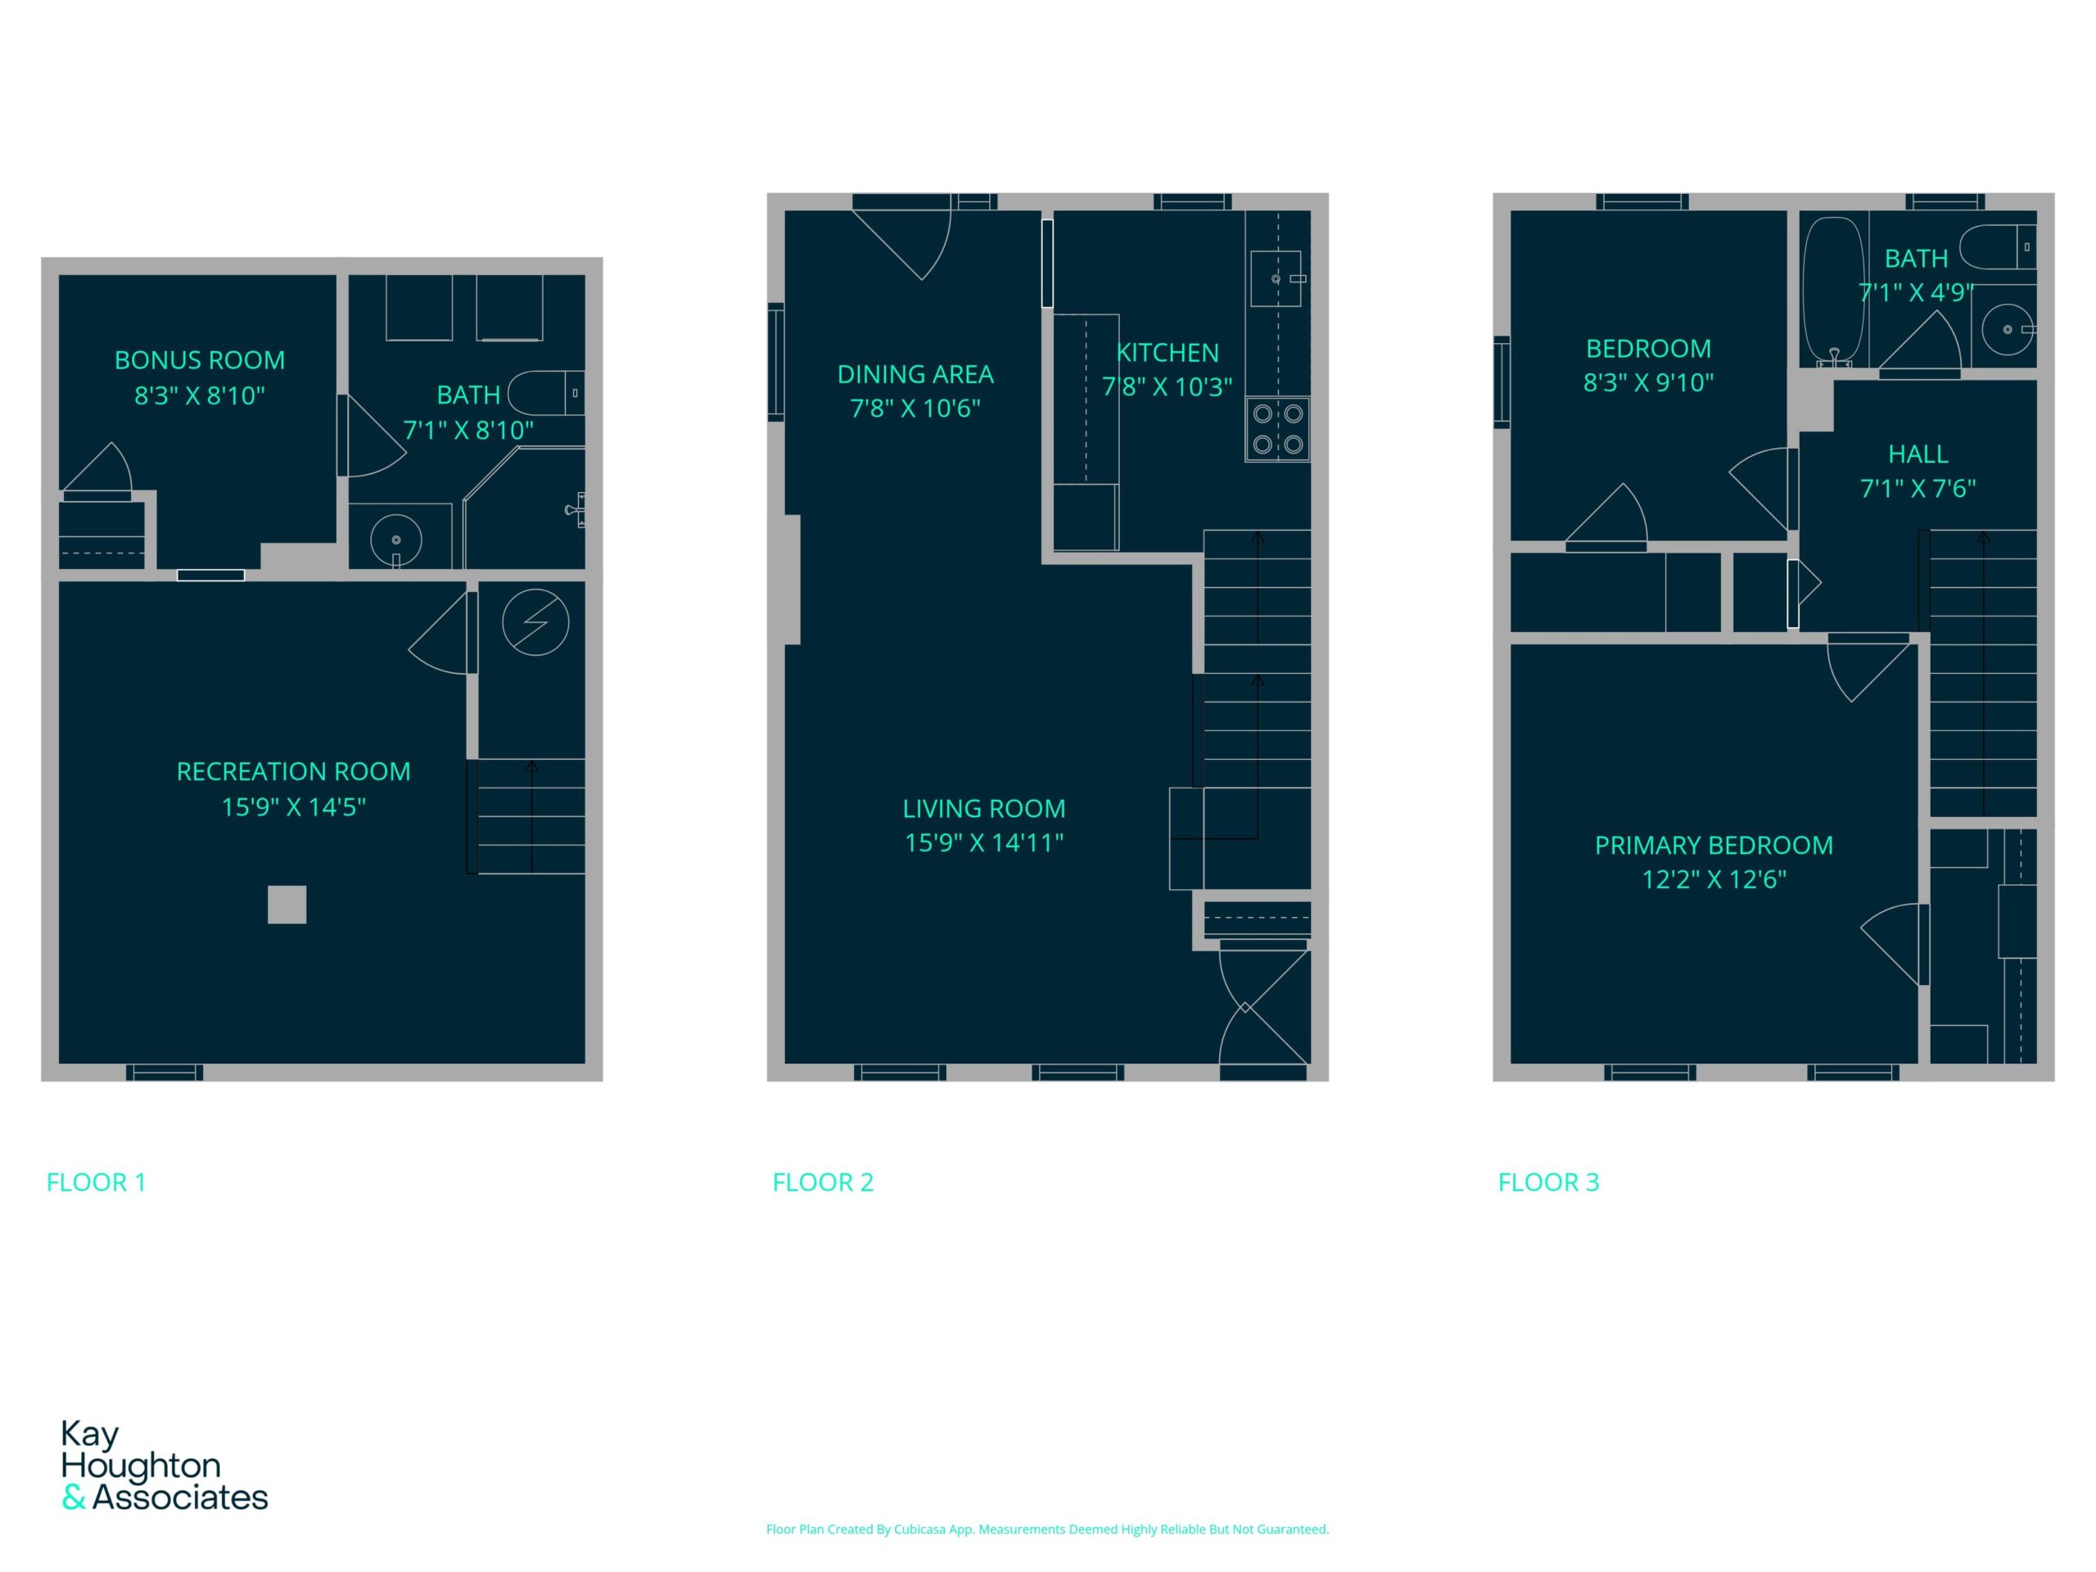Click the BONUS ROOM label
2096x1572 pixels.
pyautogui.click(x=199, y=360)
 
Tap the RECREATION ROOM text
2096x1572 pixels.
pyautogui.click(x=294, y=771)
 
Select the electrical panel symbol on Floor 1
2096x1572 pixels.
pyautogui.click(x=535, y=622)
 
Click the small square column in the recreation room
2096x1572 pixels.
pyautogui.click(x=287, y=904)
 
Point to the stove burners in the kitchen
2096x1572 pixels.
pyautogui.click(x=1277, y=429)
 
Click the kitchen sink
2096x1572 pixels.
pyautogui.click(x=1276, y=278)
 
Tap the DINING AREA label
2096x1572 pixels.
pyautogui.click(x=915, y=374)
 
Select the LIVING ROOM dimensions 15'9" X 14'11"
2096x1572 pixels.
pyautogui.click(x=983, y=842)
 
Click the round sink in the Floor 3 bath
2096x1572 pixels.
pyautogui.click(x=2007, y=329)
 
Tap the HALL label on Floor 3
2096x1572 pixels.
pyautogui.click(x=1918, y=454)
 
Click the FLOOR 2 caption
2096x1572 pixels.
pyautogui.click(x=823, y=1181)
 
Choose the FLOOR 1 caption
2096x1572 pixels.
pyautogui.click(x=96, y=1181)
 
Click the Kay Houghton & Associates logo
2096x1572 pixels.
pyautogui.click(x=164, y=1465)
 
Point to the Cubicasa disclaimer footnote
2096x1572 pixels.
pyautogui.click(x=1047, y=1529)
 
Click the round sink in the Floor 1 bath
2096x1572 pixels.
pyautogui.click(x=396, y=540)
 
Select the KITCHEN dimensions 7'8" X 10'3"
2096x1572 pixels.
pyautogui.click(x=1167, y=386)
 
